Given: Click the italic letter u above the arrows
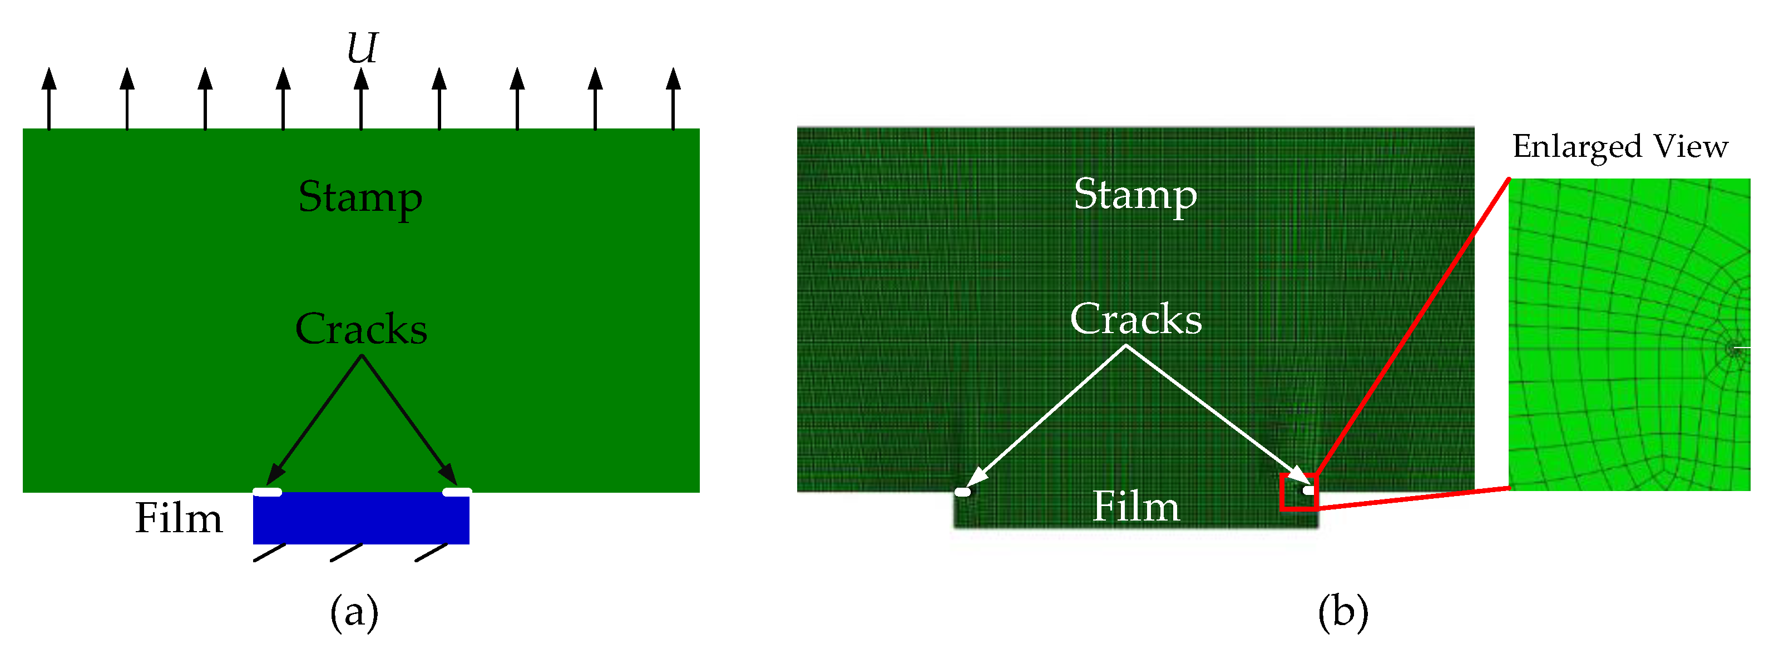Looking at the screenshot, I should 362,48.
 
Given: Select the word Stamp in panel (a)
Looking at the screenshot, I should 360,197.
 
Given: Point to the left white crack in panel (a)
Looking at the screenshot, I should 267,492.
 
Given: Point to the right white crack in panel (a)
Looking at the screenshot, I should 457,492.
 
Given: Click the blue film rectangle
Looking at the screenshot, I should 361,518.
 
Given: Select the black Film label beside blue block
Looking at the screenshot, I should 179,518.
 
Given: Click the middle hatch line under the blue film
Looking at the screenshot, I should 347,552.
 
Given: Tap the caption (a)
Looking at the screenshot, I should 354,611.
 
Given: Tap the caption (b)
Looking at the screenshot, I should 1343,611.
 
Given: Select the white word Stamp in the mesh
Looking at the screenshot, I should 1135,194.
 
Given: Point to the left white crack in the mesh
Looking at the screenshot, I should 963,492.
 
